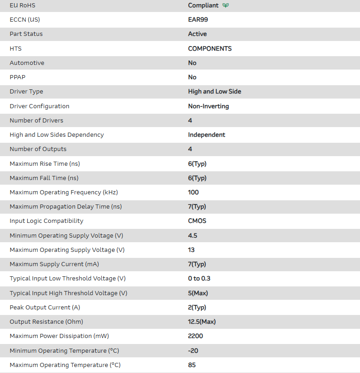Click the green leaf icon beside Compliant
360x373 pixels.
226,6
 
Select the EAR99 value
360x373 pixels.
198,20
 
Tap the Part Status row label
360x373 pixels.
26,34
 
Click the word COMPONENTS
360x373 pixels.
210,48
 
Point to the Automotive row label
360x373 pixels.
27,63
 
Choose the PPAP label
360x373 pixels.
17,77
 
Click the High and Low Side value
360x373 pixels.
215,92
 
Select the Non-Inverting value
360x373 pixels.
209,106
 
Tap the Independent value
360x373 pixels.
207,135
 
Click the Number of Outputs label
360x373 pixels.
38,149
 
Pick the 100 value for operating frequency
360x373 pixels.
193,192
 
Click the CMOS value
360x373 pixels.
197,221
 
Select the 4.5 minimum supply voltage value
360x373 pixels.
192,235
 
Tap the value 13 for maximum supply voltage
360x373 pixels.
192,250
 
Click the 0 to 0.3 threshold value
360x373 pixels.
199,279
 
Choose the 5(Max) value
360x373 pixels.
198,293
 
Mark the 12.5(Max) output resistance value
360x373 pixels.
202,322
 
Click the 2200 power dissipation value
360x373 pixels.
196,336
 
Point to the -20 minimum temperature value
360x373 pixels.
193,350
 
